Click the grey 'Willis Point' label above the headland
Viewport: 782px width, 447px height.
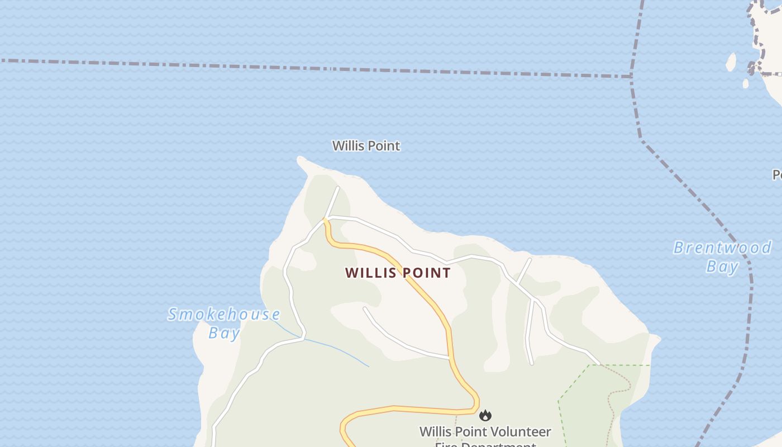click(366, 146)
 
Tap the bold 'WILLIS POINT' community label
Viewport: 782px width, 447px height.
click(398, 273)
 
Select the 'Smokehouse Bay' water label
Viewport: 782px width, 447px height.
click(224, 323)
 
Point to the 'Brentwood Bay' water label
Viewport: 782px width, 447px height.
click(722, 256)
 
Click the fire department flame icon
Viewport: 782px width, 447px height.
click(485, 415)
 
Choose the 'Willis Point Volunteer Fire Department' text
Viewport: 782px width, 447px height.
click(485, 432)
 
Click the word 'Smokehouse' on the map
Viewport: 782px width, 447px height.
click(224, 314)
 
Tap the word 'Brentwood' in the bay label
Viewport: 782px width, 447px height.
click(722, 248)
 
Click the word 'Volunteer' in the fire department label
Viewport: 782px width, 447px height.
click(523, 432)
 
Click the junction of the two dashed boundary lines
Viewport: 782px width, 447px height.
click(631, 76)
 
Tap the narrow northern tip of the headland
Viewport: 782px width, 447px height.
click(302, 161)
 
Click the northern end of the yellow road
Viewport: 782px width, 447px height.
click(325, 222)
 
